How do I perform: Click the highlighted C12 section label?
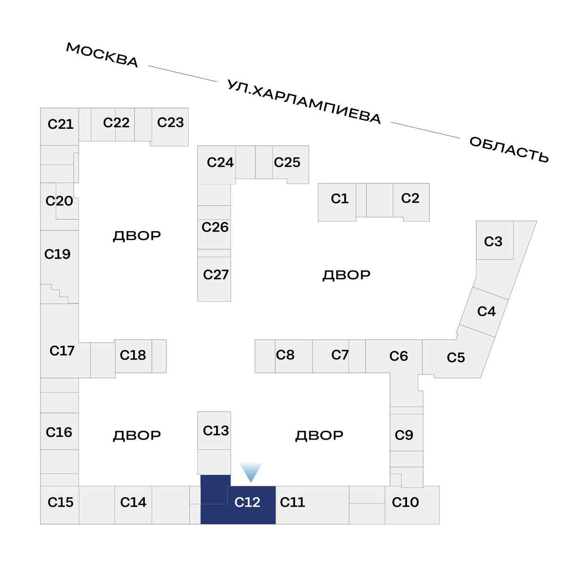point(247,502)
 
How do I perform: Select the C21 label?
point(61,124)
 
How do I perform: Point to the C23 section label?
point(170,123)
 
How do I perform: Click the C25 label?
point(287,162)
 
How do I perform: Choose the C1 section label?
point(340,199)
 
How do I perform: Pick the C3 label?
point(493,241)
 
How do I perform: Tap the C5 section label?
point(456,358)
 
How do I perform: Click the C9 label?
point(404,435)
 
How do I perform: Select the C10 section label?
point(405,502)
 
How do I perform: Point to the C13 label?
point(216,431)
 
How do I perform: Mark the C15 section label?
point(60,502)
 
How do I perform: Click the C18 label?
point(133,355)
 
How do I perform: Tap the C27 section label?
point(216,275)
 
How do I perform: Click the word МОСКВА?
point(102,55)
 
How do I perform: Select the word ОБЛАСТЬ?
point(509,150)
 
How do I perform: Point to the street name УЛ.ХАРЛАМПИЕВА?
point(304,102)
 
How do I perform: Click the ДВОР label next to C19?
point(137,236)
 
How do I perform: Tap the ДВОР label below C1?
point(346,275)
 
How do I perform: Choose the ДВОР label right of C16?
point(137,435)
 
